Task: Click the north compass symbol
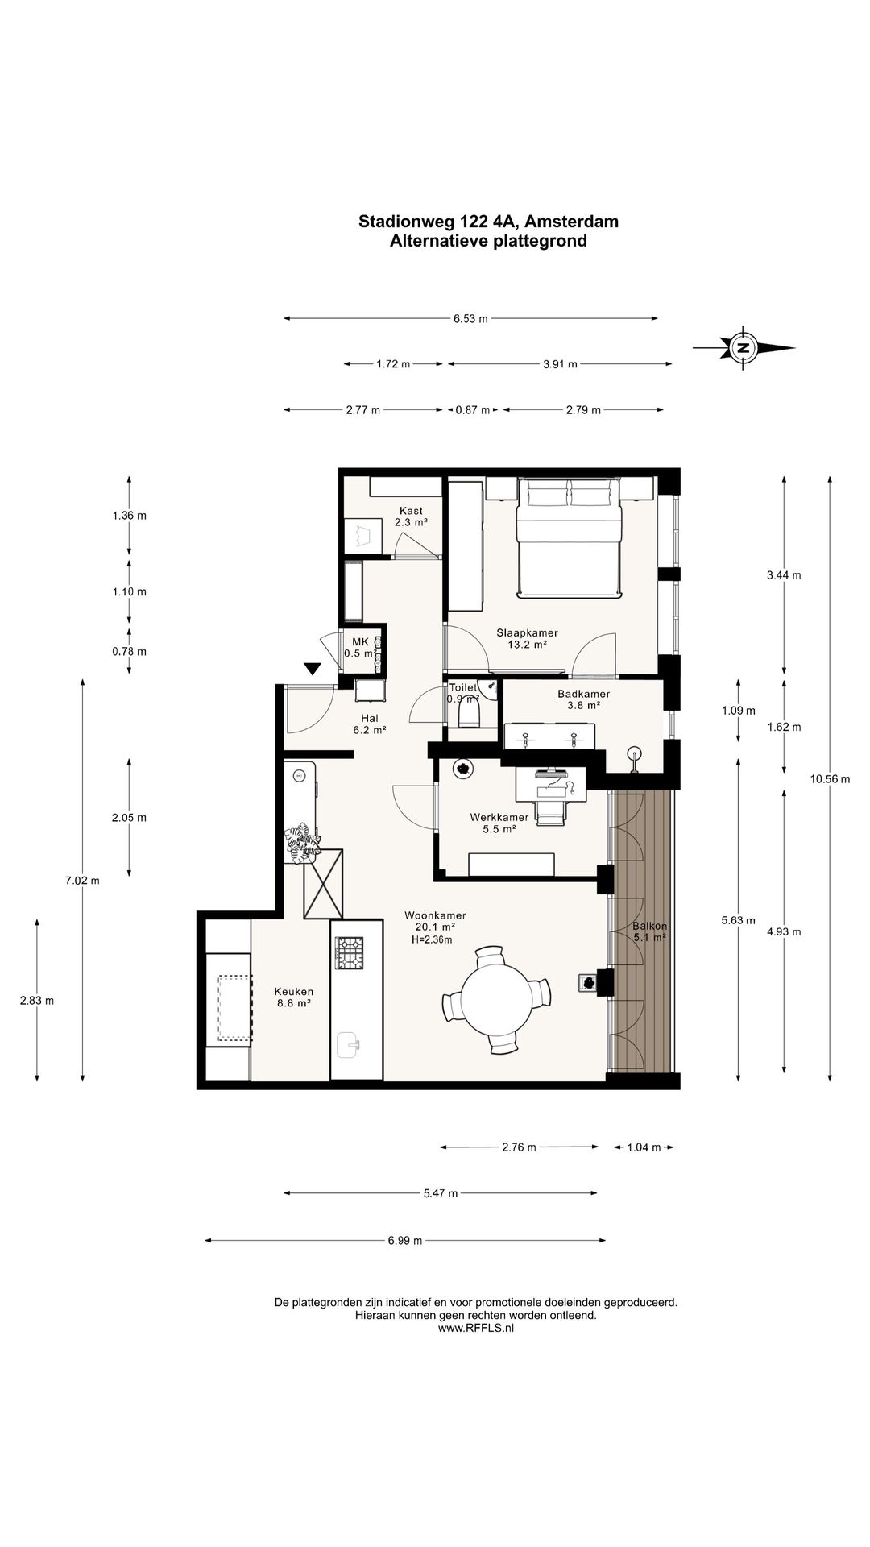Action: (x=744, y=348)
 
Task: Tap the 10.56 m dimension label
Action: (x=831, y=779)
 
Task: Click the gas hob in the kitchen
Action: (x=350, y=952)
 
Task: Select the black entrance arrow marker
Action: (x=313, y=669)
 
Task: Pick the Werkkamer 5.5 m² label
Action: (x=499, y=823)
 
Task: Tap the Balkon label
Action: (x=649, y=927)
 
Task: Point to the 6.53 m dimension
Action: (x=470, y=318)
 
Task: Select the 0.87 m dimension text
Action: (x=473, y=410)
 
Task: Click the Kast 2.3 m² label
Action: (x=411, y=516)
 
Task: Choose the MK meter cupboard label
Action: (x=360, y=641)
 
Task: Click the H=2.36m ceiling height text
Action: (x=432, y=939)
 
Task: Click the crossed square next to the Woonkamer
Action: (x=324, y=884)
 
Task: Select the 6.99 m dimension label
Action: (x=405, y=1241)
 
